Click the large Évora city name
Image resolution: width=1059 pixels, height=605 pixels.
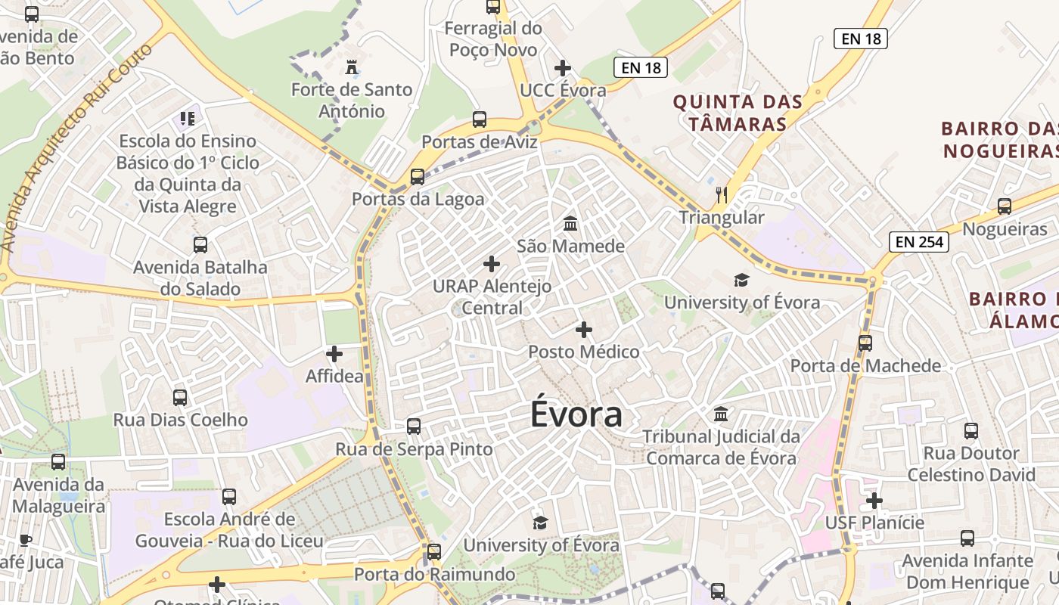576,414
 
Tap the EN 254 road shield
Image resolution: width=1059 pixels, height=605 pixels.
919,242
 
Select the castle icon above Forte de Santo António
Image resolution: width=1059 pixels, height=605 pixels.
351,67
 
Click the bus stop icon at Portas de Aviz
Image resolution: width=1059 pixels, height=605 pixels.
480,119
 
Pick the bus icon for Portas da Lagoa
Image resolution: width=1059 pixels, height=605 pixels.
417,177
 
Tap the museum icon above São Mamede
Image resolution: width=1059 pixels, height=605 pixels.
570,224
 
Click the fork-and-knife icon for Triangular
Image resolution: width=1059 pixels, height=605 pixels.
722,196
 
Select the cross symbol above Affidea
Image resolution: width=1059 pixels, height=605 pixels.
334,353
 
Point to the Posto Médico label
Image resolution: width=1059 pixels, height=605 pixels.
583,352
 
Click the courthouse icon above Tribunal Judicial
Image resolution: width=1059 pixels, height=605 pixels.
721,414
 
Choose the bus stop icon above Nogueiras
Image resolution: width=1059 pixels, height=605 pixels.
1005,206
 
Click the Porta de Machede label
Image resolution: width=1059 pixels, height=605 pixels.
865,366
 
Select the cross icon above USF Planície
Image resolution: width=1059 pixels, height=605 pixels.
874,501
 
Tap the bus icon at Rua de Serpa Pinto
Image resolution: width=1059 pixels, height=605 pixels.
414,426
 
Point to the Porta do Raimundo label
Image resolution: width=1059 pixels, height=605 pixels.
434,574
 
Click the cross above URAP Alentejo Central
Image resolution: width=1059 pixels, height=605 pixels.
492,264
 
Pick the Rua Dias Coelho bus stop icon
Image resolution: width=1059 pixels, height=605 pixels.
180,398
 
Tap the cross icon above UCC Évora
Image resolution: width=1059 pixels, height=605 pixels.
563,68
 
